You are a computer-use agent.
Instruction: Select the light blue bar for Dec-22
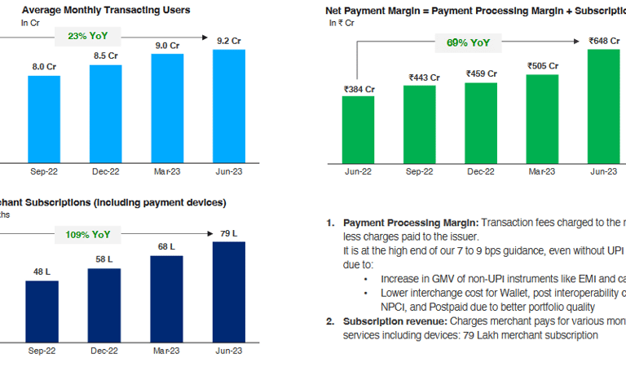[x=106, y=113]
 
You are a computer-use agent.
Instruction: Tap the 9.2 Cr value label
[x=229, y=40]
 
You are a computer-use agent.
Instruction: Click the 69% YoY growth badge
[x=468, y=42]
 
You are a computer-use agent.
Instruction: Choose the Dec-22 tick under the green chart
[x=481, y=171]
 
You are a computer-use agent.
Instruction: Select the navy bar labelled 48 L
[x=42, y=306]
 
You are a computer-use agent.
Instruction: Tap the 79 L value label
[x=228, y=234]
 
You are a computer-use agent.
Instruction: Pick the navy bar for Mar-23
[x=167, y=293]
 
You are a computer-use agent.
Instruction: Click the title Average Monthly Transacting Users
[x=106, y=10]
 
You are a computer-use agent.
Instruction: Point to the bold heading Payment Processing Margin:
[x=411, y=223]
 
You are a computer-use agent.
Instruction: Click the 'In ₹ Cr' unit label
[x=342, y=24]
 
